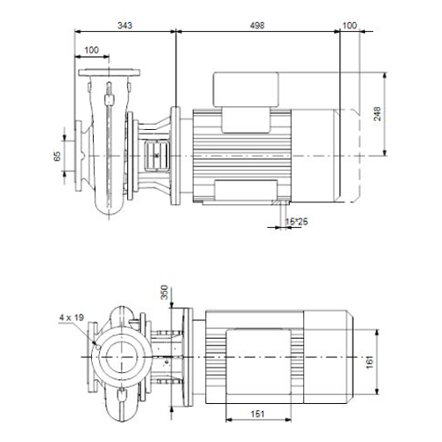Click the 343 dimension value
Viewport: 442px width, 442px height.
tap(125, 26)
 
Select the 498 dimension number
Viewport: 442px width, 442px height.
tap(257, 26)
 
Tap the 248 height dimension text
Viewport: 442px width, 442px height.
tap(377, 114)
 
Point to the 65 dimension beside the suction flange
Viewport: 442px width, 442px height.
tap(57, 156)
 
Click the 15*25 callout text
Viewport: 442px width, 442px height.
tap(296, 221)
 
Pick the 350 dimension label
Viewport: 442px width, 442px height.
tap(164, 292)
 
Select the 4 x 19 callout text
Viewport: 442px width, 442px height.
tap(72, 317)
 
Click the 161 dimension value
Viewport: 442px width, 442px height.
tap(370, 362)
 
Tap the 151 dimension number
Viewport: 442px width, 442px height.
tap(257, 414)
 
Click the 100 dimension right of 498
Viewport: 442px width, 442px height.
tap(349, 26)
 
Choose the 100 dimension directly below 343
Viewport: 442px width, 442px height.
tap(92, 50)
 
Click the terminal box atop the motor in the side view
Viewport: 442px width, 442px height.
tap(246, 89)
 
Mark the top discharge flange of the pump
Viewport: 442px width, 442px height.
tap(109, 72)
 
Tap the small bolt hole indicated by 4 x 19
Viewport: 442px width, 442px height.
tap(98, 347)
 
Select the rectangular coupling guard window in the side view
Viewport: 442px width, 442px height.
tap(156, 156)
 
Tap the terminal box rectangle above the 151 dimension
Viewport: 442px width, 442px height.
tap(258, 362)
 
